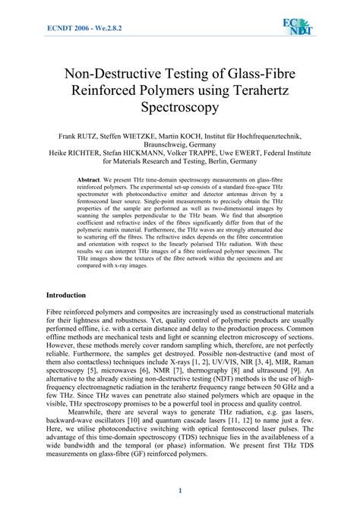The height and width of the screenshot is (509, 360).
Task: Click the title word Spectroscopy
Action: click(x=180, y=108)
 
